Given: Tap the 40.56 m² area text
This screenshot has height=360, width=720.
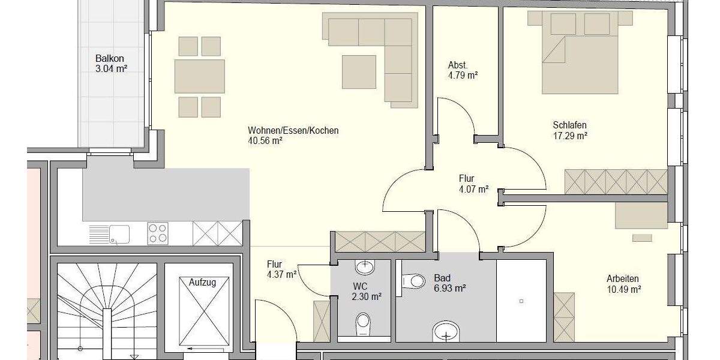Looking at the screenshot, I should point(265,142).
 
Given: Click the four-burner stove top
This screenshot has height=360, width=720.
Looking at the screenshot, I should point(158,233).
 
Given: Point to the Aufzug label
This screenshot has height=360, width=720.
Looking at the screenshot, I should point(202,281).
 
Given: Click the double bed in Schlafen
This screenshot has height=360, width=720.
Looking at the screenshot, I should point(579,57).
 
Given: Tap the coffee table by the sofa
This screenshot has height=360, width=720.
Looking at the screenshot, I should point(359,72).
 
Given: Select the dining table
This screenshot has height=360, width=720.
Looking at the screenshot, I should point(200,76).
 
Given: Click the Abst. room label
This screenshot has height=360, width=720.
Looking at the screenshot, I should point(458,65).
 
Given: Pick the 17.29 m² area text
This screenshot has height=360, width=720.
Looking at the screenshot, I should point(569,136).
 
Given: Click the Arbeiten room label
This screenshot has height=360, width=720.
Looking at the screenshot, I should point(622,278).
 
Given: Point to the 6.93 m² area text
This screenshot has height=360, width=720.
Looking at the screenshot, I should point(450,289).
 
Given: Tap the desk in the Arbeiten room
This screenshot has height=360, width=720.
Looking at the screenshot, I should point(641,215).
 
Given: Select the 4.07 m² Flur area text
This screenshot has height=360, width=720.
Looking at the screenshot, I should point(473,188).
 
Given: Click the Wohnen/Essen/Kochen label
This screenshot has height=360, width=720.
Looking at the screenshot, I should point(293,130).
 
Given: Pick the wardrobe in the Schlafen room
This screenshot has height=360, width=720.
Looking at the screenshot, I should point(616,182).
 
